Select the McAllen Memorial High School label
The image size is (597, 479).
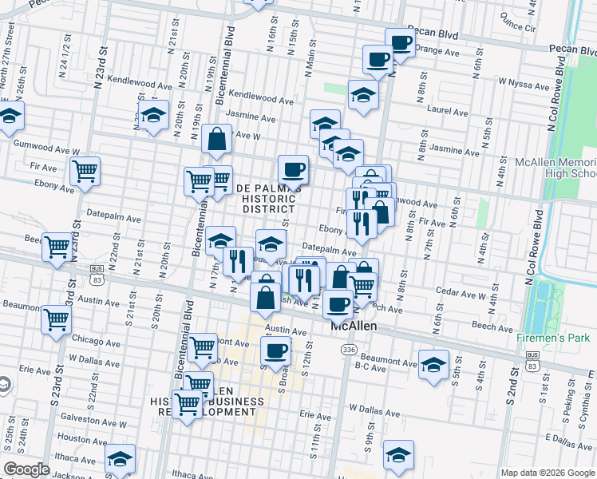tap(556, 168)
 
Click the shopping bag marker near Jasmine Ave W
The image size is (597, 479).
tap(217, 140)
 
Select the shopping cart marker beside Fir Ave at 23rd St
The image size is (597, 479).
tap(85, 170)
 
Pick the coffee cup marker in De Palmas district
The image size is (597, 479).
tap(293, 168)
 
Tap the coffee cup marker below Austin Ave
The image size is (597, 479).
tap(276, 349)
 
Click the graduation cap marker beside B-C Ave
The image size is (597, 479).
tap(433, 365)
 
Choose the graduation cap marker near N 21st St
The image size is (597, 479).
tap(153, 113)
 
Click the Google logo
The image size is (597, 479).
tap(26, 469)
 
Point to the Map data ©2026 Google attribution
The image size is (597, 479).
tap(548, 473)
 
